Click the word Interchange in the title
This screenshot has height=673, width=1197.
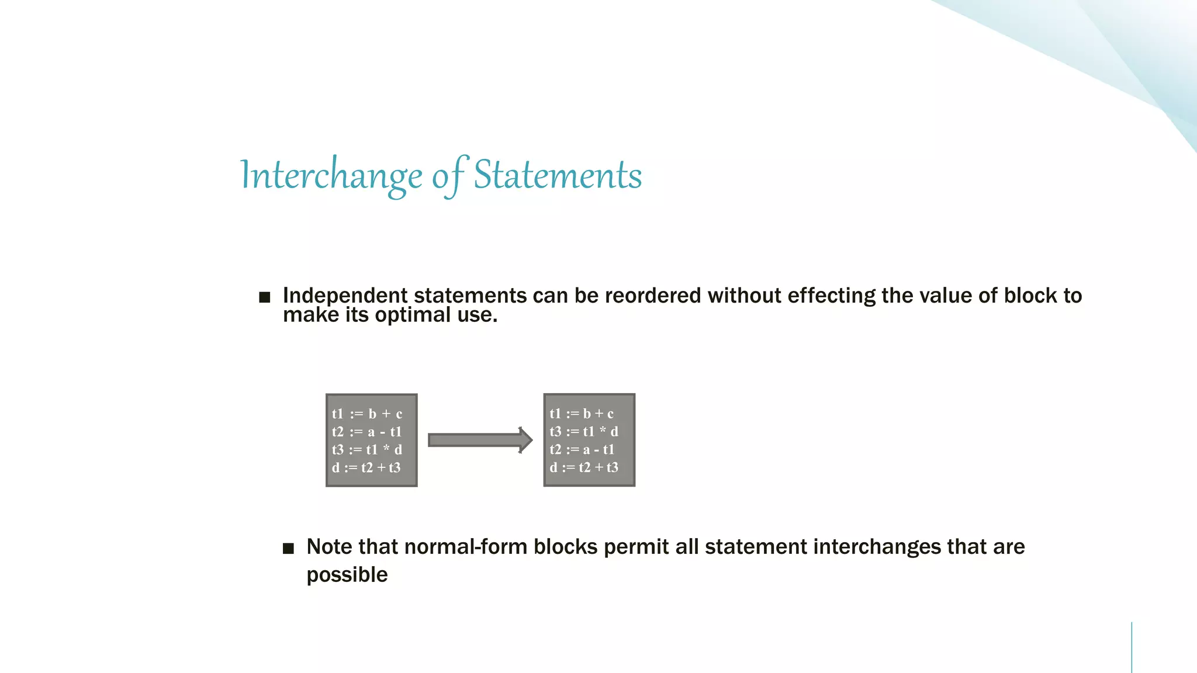point(331,175)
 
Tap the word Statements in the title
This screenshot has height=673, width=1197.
point(558,175)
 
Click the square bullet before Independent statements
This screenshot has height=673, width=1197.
point(265,297)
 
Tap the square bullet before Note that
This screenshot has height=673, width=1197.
point(288,549)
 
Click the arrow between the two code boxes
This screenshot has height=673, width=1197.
point(480,440)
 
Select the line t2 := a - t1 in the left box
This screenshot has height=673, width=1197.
point(366,432)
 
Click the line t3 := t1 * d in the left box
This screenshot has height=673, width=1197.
point(366,450)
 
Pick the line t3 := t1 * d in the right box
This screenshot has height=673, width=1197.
point(583,432)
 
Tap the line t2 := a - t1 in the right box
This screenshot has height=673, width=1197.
point(582,450)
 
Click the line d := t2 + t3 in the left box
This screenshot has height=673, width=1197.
point(366,467)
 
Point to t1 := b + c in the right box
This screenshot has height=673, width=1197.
point(582,414)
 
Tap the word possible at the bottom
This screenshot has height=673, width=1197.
point(347,575)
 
